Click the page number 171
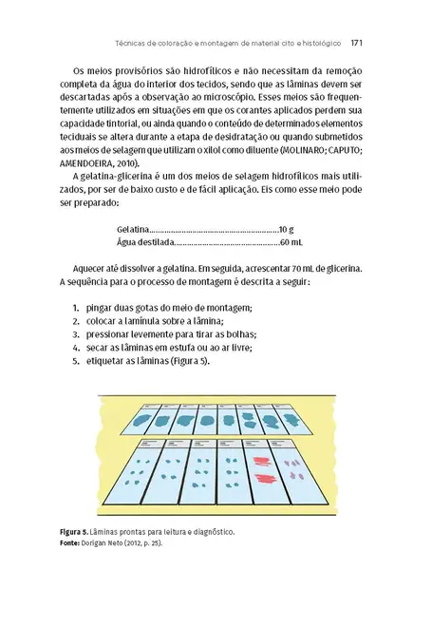coord(359,42)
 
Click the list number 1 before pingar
coord(75,309)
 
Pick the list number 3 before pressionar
coord(75,335)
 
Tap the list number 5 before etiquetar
coord(75,362)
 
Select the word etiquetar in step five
coord(106,362)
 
